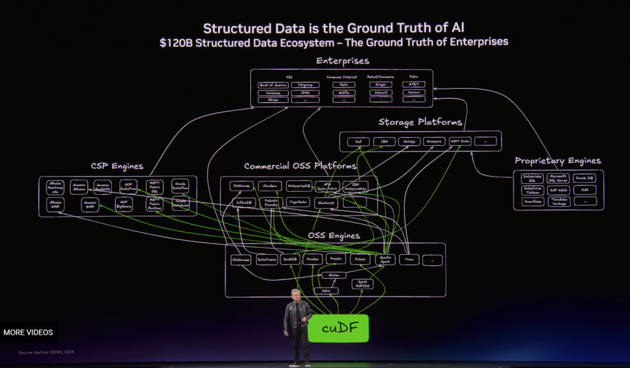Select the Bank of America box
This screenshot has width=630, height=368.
point(273,85)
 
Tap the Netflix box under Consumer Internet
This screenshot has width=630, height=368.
point(344,92)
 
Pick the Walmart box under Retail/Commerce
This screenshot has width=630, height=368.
point(381,92)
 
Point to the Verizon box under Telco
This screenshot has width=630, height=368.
point(414,92)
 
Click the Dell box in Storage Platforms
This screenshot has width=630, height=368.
point(358,142)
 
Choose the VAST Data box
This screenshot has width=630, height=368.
point(460,142)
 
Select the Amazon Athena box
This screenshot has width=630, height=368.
point(79,187)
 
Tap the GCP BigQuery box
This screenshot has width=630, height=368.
point(124,204)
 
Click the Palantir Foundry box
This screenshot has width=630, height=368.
point(271,203)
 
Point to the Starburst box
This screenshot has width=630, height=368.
point(326,203)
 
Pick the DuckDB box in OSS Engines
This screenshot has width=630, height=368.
point(290,260)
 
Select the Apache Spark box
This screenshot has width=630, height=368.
point(386,260)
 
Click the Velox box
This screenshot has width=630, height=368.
point(325,290)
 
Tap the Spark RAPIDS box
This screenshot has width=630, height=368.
point(362,284)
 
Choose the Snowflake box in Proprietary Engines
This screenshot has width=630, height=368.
point(532,201)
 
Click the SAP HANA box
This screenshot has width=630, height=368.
point(558,190)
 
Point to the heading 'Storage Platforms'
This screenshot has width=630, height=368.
point(420,122)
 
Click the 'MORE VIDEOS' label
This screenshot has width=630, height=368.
point(28,332)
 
